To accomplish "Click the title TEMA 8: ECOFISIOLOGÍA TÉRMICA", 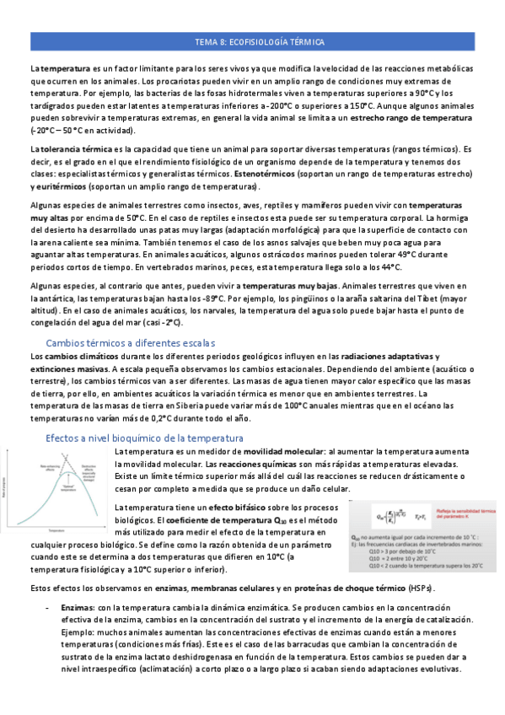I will pyautogui.click(x=252, y=41).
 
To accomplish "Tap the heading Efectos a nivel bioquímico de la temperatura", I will pyautogui.click(x=144, y=438).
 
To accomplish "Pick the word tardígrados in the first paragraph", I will pyautogui.click(x=52, y=105).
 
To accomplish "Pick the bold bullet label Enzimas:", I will pyautogui.click(x=78, y=607).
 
